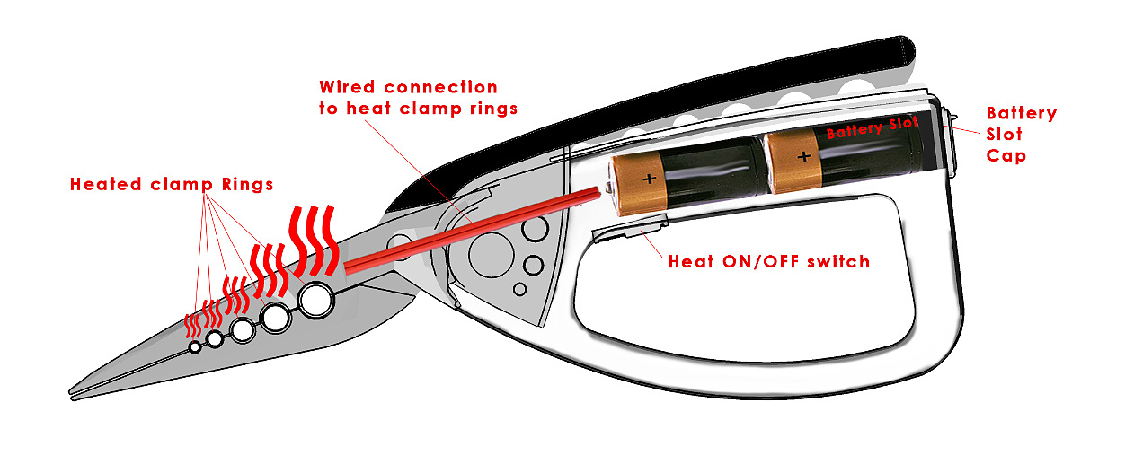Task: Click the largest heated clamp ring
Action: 316,300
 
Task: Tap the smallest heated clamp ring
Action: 195,347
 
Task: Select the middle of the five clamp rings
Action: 243,330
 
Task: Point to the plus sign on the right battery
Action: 803,156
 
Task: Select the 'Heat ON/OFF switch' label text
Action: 769,262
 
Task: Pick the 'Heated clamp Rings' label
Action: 172,184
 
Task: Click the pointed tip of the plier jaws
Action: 74,392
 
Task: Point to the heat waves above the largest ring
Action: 314,240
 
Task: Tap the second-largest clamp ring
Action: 276,316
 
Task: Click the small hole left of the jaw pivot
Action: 396,242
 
